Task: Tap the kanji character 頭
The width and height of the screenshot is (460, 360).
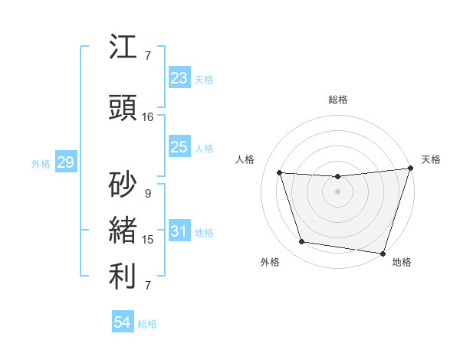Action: pos(123,109)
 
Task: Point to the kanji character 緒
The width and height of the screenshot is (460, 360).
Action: pos(123,231)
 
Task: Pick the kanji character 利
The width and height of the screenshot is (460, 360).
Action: pos(123,277)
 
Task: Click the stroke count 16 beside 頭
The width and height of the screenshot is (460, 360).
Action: pos(148,117)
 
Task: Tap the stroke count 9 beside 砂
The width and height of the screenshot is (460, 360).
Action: pos(148,194)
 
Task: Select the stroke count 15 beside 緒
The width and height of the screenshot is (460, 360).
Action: pos(148,240)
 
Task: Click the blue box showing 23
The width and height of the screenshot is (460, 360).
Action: pos(179,78)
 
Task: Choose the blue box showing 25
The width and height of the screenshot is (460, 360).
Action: pos(179,147)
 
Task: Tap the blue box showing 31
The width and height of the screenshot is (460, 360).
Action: pos(179,231)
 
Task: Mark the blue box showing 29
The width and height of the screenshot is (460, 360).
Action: pos(65,162)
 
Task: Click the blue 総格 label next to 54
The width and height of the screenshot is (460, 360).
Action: pos(147,324)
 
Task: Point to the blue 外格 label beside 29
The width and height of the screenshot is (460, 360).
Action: pos(41,163)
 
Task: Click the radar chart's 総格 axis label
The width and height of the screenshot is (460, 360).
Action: pos(338,100)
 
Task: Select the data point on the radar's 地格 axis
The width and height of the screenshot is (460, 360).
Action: pos(383,253)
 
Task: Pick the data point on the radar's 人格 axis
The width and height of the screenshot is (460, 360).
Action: pos(280,173)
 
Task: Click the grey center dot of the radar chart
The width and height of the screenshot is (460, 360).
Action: pos(338,191)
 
